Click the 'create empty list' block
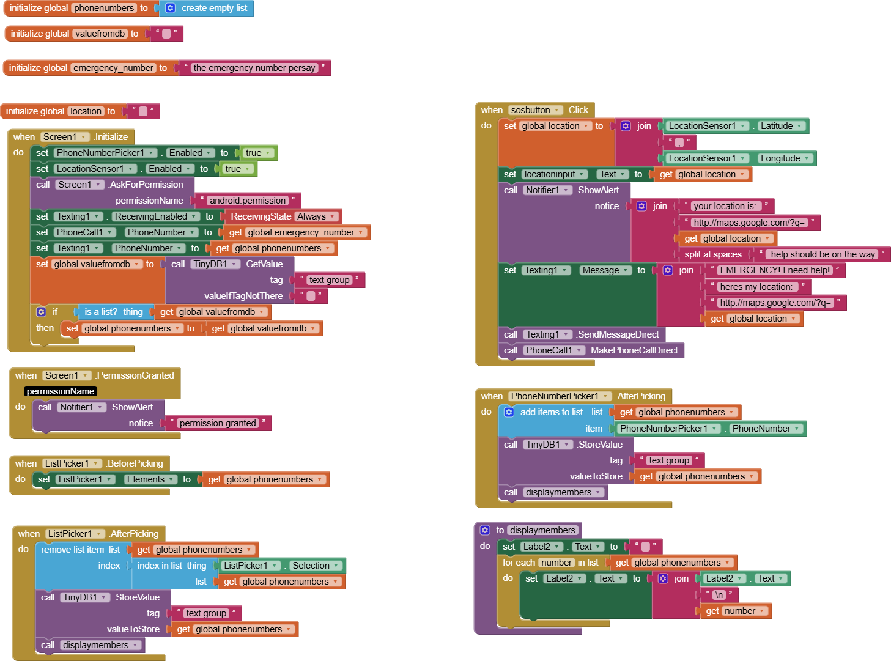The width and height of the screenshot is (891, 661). tap(207, 8)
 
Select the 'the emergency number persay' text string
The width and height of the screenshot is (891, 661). tap(254, 68)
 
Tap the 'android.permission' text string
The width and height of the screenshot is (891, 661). tap(248, 201)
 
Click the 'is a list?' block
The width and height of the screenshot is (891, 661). tap(114, 312)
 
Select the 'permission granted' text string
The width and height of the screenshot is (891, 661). tap(218, 423)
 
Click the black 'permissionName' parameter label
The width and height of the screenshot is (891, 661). tap(61, 391)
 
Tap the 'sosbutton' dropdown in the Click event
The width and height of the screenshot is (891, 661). tap(534, 110)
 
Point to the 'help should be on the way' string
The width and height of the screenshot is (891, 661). tap(823, 254)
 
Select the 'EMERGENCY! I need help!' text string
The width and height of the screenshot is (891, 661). tap(775, 270)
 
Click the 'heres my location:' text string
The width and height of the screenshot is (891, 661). tap(756, 287)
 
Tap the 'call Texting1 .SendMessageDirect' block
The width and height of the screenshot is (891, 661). tap(582, 334)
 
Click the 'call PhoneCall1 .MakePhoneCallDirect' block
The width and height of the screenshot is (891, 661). tap(591, 350)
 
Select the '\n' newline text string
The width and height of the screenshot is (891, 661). tap(719, 595)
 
